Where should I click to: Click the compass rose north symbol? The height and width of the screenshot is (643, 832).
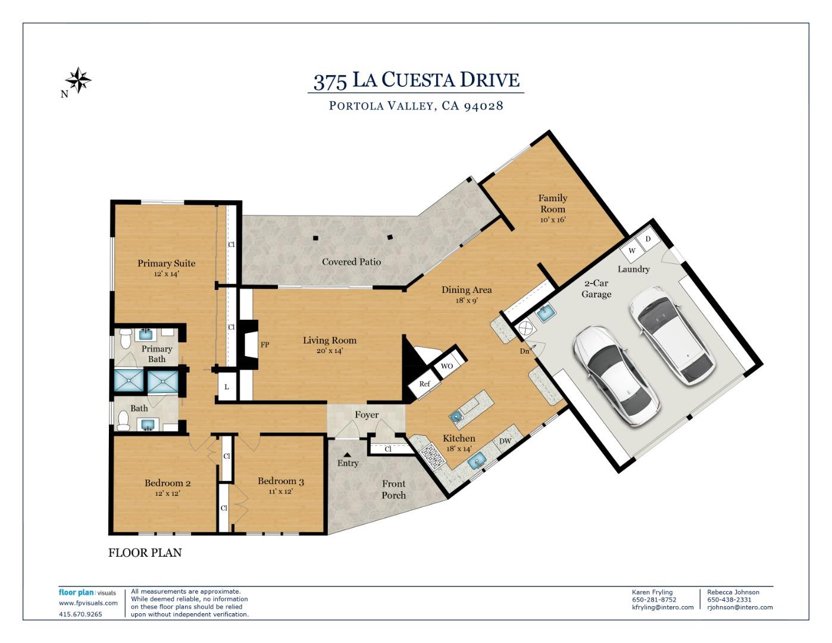point(78,80)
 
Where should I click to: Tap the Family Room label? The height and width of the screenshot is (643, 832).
point(552,204)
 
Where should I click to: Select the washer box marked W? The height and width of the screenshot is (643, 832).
point(631,251)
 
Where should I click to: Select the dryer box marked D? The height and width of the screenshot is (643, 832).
point(648,239)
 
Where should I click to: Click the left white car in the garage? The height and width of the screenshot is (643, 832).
point(616,374)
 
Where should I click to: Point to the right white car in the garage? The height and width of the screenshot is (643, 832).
point(672,336)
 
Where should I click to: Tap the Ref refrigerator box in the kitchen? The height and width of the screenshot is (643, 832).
point(424,384)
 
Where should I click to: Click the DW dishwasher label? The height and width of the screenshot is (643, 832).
point(505,441)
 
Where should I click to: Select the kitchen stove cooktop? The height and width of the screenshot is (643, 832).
point(432,456)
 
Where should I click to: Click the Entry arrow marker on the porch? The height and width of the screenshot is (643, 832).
point(347,455)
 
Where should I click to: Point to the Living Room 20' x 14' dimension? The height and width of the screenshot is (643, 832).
point(329,351)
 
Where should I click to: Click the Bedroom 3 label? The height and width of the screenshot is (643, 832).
point(281,481)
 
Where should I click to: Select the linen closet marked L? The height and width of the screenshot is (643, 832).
point(226,386)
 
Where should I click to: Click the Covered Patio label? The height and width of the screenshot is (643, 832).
point(351,262)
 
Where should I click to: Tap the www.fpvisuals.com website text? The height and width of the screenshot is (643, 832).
point(88,603)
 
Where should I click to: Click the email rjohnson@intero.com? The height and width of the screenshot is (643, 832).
point(740,607)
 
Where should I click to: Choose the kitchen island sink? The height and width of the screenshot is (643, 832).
point(457,417)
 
